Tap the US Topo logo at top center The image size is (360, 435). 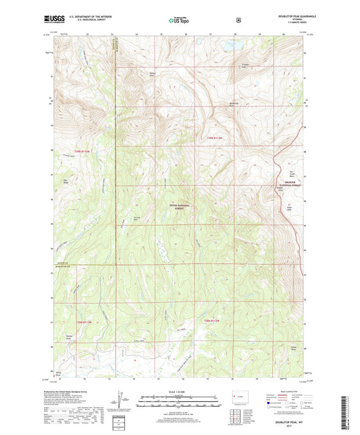(179, 21)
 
